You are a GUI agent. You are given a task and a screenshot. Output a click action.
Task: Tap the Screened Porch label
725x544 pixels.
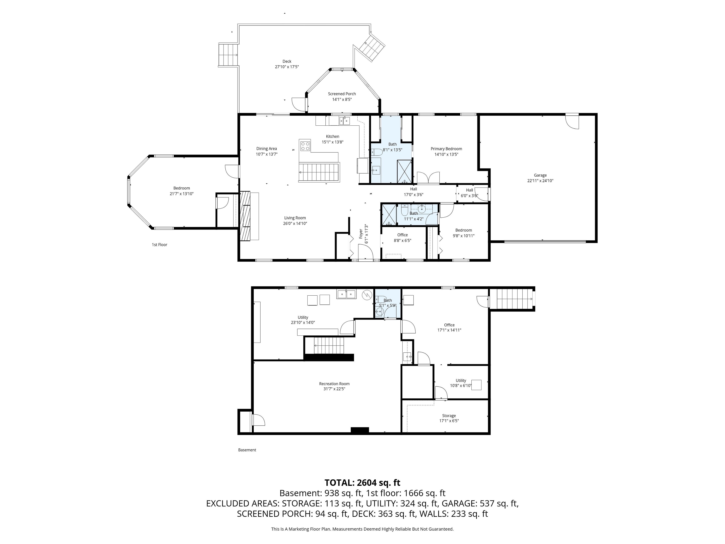pos(342,94)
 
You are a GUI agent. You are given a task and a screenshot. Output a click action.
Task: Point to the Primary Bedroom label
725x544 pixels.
pos(446,149)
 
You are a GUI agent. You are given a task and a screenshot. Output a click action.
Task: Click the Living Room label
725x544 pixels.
pos(295,218)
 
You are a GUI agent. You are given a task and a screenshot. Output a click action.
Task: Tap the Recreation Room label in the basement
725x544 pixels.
pos(334,384)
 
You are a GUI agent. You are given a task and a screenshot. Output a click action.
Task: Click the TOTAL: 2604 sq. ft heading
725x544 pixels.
pos(362,483)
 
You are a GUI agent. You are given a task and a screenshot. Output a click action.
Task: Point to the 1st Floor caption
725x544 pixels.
pos(160,245)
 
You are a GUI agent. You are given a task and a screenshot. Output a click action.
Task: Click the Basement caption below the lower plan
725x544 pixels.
pos(247,450)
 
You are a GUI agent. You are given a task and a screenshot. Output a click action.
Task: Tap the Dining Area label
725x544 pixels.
pos(266,148)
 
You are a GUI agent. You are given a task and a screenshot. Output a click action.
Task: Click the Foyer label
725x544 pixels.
pos(361,233)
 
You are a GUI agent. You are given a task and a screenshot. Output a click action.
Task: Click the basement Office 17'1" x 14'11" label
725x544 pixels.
pos(449,328)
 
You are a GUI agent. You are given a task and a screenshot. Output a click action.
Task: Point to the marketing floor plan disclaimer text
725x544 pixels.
pos(362,529)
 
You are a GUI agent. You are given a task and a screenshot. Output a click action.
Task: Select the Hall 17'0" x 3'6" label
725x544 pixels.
pos(414,192)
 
